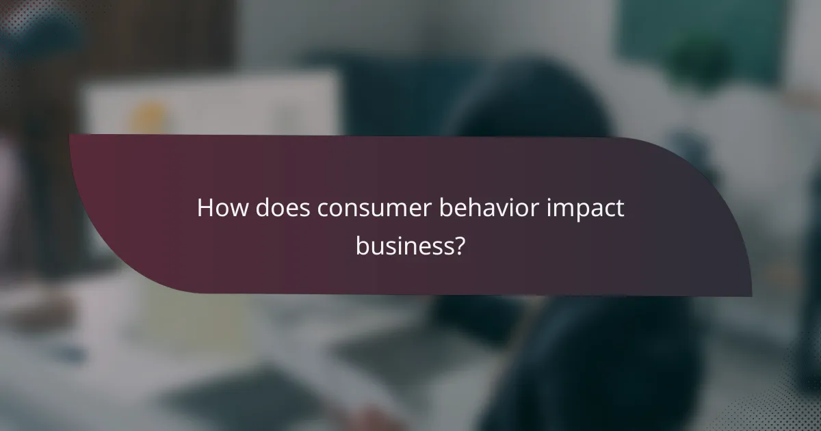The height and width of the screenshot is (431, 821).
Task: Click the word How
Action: (223, 209)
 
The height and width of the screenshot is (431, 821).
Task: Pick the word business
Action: (403, 246)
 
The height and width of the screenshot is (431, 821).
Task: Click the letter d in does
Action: (263, 209)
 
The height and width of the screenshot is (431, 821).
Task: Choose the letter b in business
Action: (362, 246)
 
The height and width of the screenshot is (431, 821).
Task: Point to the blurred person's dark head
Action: (540, 103)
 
